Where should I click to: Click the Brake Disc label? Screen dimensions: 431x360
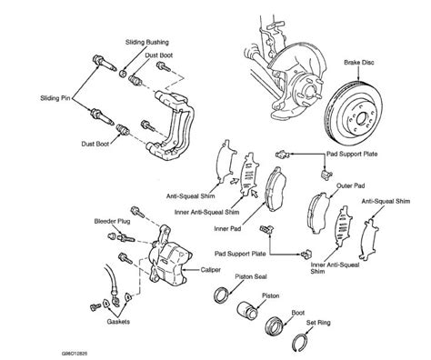tap(359, 63)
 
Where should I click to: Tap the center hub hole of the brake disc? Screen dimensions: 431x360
tap(362, 119)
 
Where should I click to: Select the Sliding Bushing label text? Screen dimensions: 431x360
tap(147, 42)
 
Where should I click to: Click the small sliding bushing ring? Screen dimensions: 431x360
tap(123, 73)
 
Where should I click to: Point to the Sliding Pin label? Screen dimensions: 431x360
tap(55, 98)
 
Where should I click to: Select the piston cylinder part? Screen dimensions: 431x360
tap(247, 310)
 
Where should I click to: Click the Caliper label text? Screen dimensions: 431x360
tap(211, 270)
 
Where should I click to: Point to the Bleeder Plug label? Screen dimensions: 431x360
tap(112, 221)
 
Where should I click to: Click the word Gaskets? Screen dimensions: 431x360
tap(118, 322)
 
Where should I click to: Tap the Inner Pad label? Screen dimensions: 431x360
tap(227, 229)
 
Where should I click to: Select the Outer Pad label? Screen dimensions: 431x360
tap(351, 185)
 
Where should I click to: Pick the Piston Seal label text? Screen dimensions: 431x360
tap(251, 276)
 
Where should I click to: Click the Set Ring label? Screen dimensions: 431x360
tap(318, 323)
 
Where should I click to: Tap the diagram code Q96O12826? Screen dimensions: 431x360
tap(75, 354)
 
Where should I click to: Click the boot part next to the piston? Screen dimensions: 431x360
tap(275, 326)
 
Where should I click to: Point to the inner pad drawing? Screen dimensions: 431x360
tap(276, 188)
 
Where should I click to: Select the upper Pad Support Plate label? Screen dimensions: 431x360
tap(352, 154)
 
